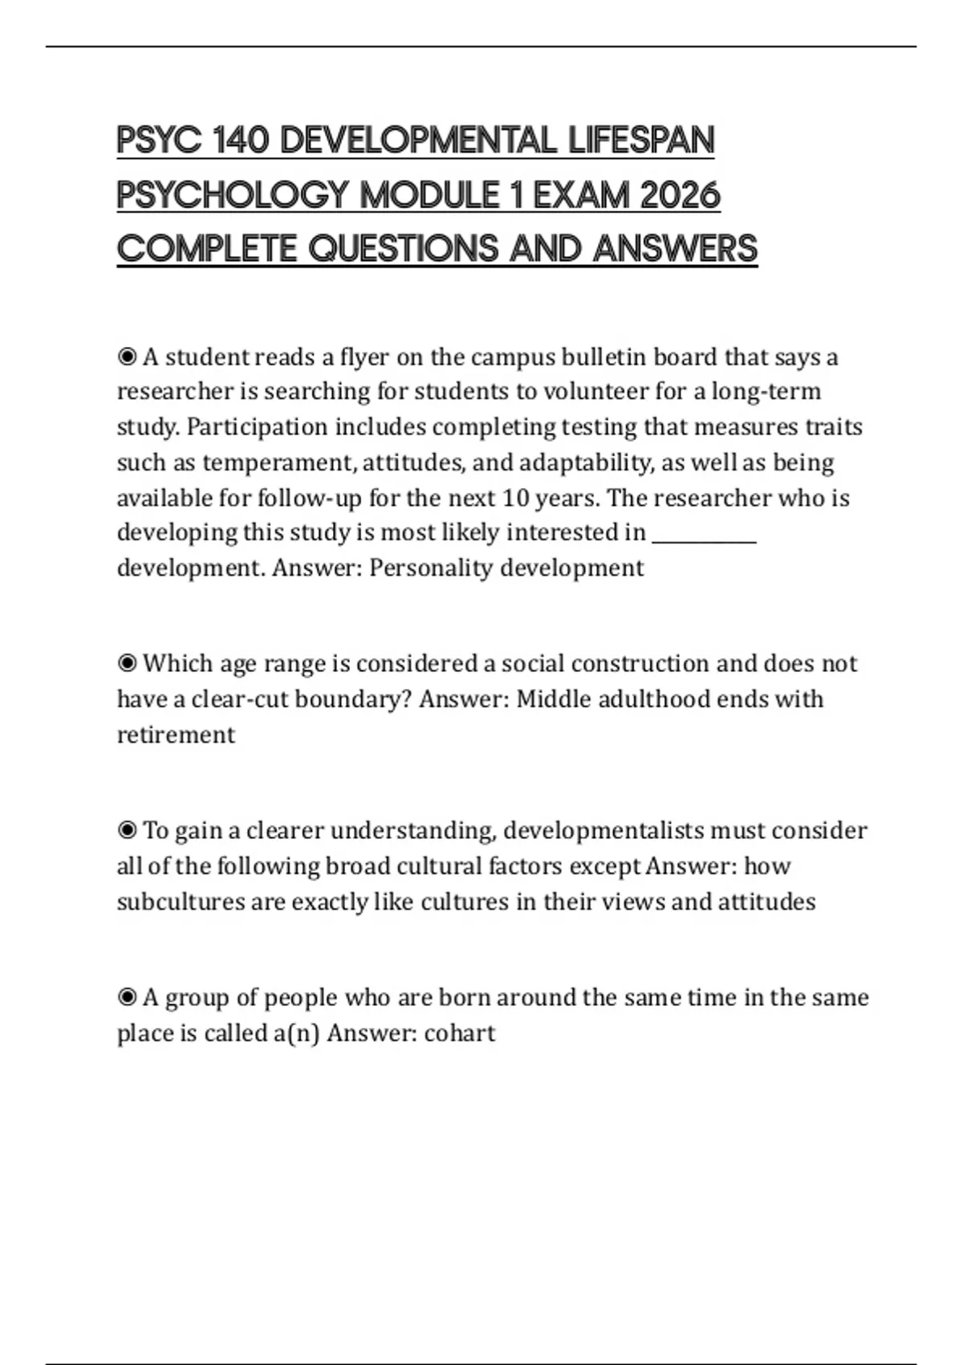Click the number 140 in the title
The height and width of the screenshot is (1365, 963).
click(242, 141)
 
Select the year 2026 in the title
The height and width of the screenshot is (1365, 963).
click(680, 195)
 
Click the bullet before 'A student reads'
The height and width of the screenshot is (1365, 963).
click(127, 357)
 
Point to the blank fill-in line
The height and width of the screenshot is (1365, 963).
click(704, 535)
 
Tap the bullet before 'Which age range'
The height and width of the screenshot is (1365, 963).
click(127, 663)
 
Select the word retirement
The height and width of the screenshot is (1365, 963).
click(176, 735)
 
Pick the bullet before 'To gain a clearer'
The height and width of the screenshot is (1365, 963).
click(127, 830)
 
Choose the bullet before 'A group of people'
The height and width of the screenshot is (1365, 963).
click(127, 997)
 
